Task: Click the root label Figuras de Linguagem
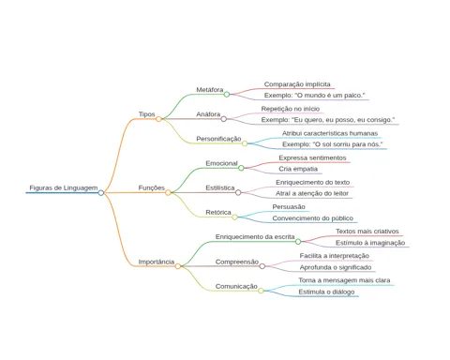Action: [64, 187]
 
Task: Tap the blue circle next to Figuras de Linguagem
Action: [100, 193]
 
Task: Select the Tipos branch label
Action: [146, 114]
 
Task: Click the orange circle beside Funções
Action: [168, 193]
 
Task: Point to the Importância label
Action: [157, 262]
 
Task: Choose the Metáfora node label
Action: [210, 90]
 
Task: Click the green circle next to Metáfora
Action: [227, 95]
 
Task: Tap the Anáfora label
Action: [208, 114]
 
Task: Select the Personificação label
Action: [218, 139]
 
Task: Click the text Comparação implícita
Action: [297, 84]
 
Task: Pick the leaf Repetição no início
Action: [291, 109]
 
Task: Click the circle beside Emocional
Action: [241, 168]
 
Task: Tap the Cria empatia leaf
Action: [298, 169]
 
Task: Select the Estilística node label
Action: [220, 187]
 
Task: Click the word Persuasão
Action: [289, 207]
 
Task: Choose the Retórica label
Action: [218, 213]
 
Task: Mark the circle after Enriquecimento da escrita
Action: [298, 242]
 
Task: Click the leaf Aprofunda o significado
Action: [336, 267]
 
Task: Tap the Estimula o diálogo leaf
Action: [326, 292]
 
